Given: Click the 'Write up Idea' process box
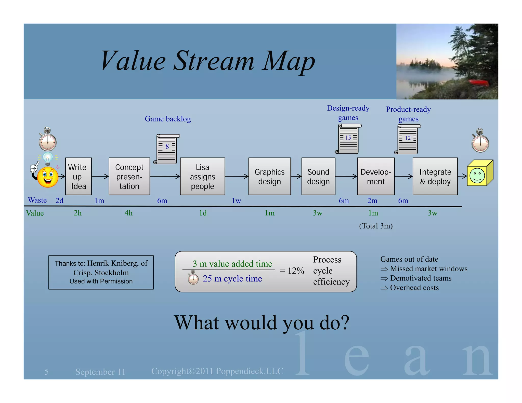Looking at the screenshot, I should [78, 176].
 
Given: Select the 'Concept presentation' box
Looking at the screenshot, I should [129, 176].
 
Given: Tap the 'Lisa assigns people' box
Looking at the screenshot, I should [202, 176].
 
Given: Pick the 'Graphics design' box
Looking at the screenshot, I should [269, 176].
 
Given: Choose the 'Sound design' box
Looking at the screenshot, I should [318, 176].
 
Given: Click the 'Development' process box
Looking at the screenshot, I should [376, 176].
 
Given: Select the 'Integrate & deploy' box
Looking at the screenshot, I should [435, 176].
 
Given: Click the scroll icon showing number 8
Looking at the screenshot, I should [167, 149].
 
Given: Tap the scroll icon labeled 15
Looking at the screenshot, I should [348, 139].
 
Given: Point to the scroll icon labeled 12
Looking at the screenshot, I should [408, 139].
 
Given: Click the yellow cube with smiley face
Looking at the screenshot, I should [479, 173].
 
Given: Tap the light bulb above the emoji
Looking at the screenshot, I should [48, 158].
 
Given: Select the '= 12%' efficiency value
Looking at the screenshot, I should [292, 271].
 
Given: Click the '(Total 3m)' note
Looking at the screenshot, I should [376, 226].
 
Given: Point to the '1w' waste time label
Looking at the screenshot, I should [236, 201].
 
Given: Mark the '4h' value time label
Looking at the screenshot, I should [128, 213].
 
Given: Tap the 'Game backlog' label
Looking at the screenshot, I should [168, 119].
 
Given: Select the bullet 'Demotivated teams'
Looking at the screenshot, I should [421, 278].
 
